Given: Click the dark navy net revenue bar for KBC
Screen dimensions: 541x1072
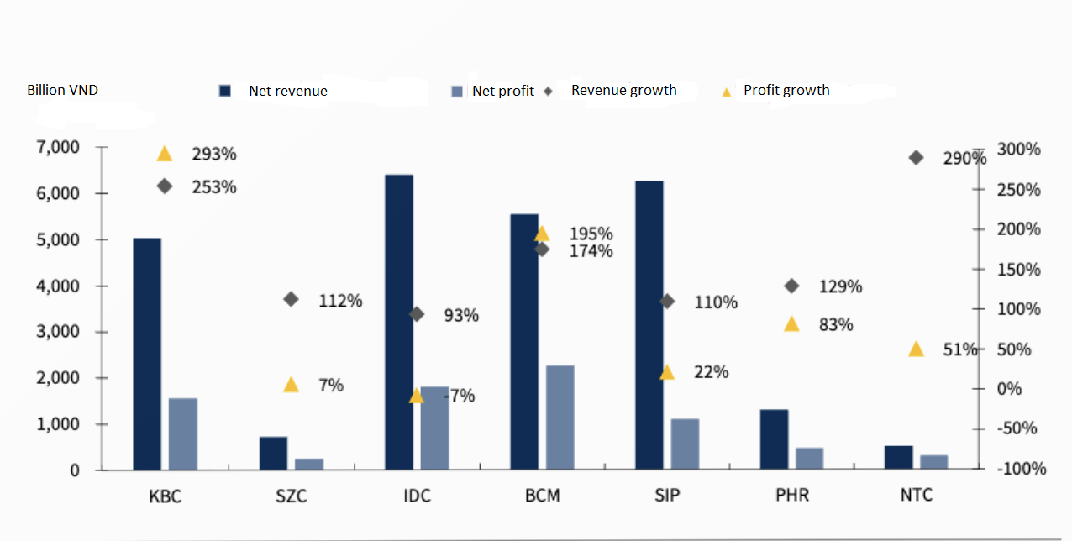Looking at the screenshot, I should click(x=147, y=354).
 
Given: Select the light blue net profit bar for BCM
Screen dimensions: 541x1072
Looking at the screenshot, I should click(x=560, y=418).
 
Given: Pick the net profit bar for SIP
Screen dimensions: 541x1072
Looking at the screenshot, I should click(x=685, y=444).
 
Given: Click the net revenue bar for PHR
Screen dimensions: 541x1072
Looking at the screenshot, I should click(x=774, y=439).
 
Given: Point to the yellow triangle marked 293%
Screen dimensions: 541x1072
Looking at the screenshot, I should click(x=165, y=154).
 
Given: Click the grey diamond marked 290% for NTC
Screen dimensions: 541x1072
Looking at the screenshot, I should click(x=916, y=158).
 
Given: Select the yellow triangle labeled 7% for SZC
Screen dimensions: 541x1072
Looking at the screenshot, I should click(x=291, y=385).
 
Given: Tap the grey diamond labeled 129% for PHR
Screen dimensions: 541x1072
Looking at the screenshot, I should click(x=791, y=286).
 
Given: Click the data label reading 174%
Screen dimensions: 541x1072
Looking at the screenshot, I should click(x=591, y=250).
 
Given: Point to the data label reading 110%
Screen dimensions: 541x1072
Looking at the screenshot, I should click(x=716, y=302).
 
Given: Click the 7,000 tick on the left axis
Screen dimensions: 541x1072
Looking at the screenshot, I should click(x=58, y=148).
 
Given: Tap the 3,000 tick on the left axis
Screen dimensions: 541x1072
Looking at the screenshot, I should click(x=58, y=332).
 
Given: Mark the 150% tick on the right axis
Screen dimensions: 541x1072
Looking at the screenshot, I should click(x=1018, y=270).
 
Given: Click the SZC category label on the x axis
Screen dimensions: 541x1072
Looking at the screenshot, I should click(x=292, y=496).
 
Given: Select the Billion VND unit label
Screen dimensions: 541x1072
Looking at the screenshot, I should click(x=62, y=90).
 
